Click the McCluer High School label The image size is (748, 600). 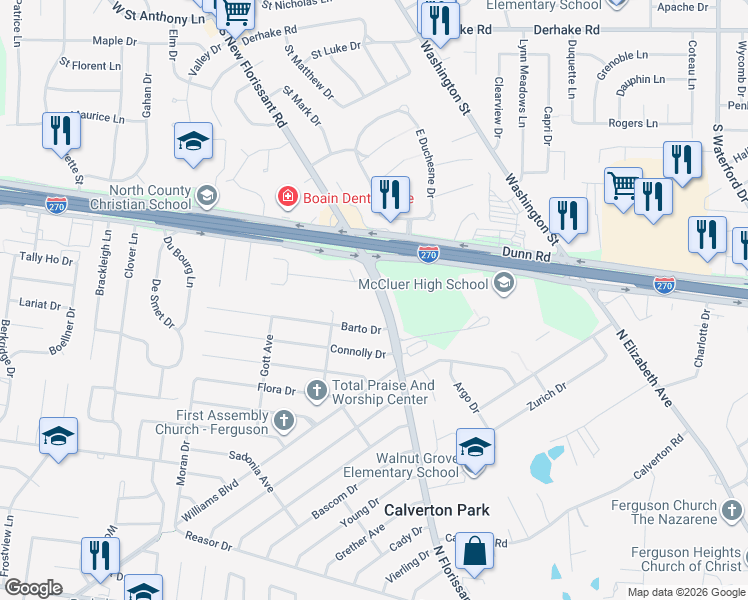coord(423,285)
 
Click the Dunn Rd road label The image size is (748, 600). coord(526,256)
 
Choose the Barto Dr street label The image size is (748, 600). coord(361,328)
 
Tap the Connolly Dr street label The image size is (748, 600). coord(358,352)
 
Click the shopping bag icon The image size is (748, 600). coord(475,550)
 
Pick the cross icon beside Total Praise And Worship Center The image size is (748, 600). coord(317,389)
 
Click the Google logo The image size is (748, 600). coord(34,588)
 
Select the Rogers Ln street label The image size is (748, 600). coord(633,124)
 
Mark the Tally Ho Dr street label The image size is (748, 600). coord(46,258)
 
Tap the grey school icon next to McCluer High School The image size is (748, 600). coord(504,285)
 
